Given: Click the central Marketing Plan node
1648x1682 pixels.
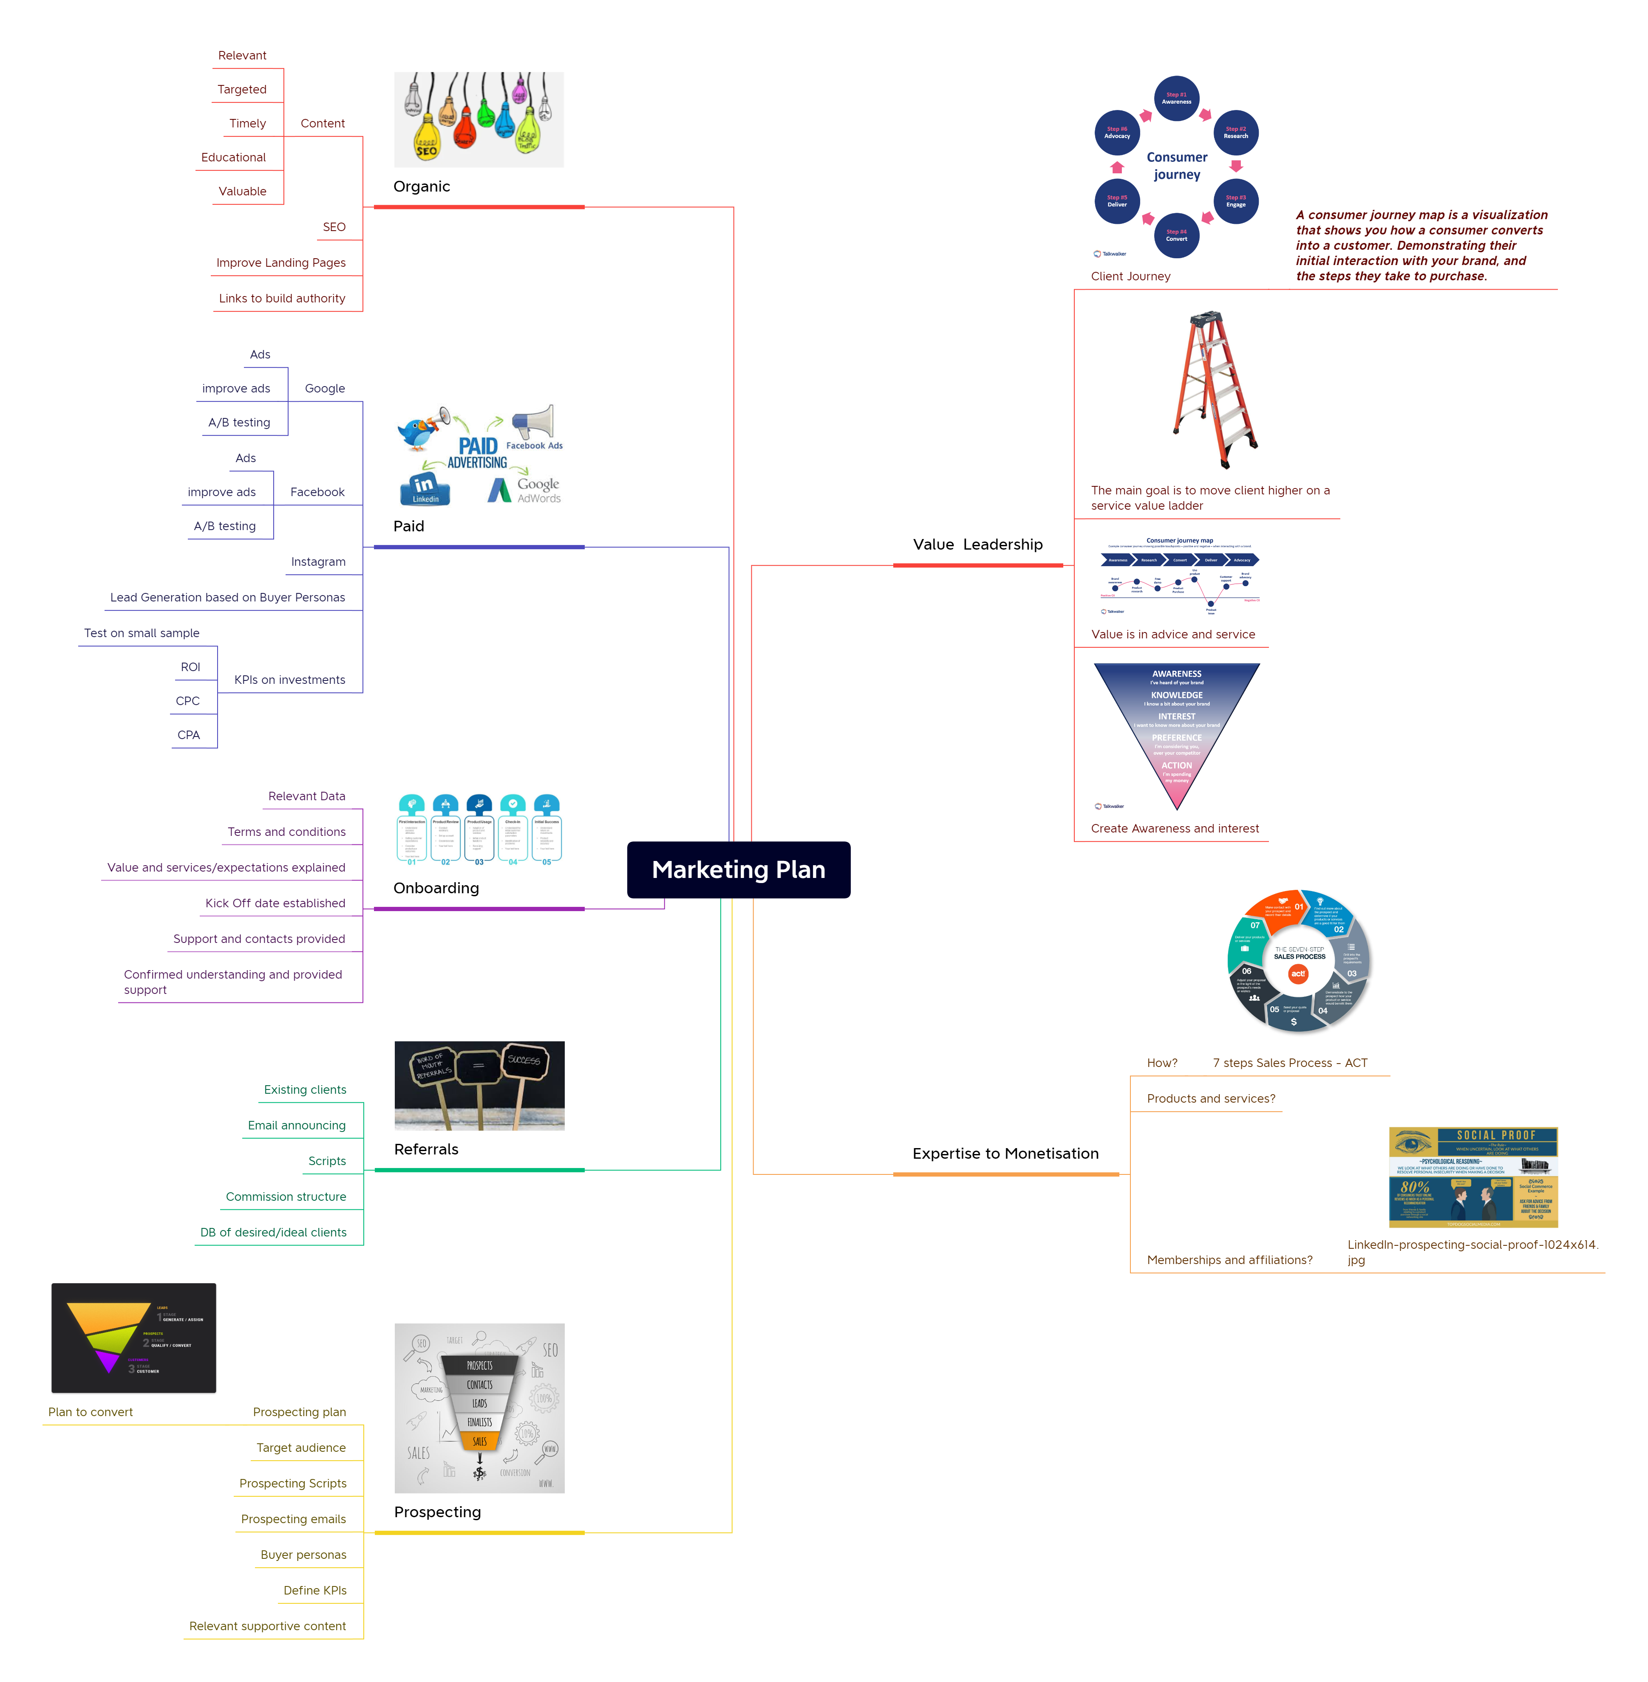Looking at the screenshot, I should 738,869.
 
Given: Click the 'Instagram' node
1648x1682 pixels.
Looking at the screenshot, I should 317,562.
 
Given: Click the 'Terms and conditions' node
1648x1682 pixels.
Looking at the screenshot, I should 286,832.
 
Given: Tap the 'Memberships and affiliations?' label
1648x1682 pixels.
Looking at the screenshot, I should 1229,1260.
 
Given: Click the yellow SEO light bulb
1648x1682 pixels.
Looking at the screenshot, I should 427,143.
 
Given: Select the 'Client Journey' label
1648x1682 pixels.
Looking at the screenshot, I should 1130,276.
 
